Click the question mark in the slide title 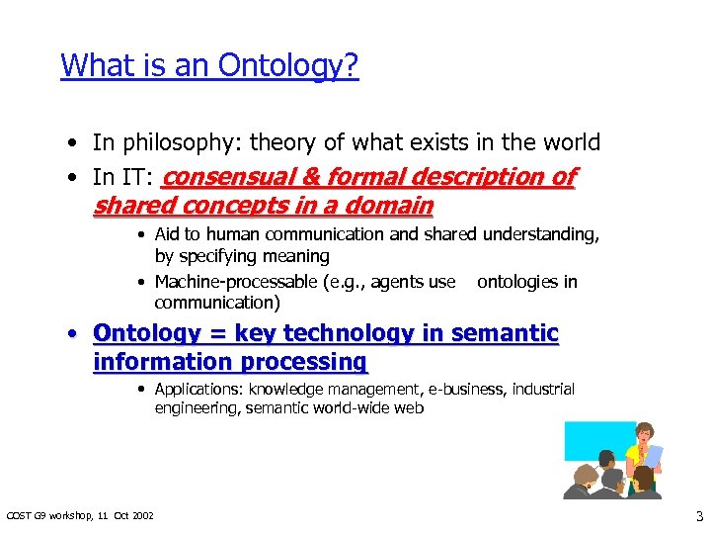(352, 66)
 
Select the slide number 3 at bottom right (698, 515)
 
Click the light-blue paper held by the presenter (653, 457)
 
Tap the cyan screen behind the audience (588, 445)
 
